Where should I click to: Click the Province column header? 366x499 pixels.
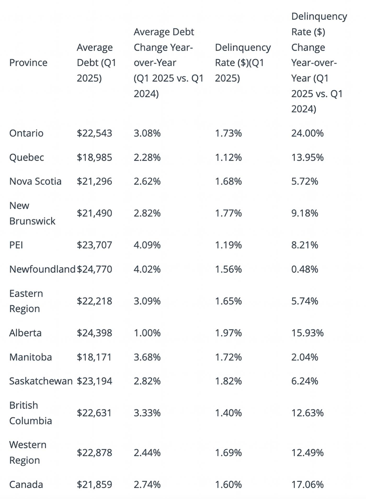tap(28, 63)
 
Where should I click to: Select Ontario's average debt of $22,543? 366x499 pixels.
tap(94, 133)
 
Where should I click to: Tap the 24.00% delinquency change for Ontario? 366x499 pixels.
tap(307, 133)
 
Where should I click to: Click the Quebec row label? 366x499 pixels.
tap(26, 157)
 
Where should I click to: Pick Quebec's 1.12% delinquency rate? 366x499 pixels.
tap(228, 157)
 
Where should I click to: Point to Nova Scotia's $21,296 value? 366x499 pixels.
tap(94, 181)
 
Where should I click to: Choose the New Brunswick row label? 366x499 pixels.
tap(32, 213)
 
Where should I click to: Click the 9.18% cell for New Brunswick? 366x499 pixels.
tap(305, 213)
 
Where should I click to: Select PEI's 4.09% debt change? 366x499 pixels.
tap(147, 245)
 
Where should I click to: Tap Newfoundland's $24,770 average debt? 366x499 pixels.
tap(94, 269)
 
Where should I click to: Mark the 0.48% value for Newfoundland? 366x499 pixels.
tap(305, 269)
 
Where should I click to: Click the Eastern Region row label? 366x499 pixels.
tap(26, 301)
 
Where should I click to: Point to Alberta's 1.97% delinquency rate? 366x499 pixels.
tap(228, 333)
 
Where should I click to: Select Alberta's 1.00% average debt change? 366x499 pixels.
tap(147, 333)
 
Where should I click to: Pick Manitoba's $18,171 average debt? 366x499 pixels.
tap(94, 357)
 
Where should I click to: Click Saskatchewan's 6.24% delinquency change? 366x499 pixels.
tap(305, 381)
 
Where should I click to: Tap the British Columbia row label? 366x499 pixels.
tap(30, 413)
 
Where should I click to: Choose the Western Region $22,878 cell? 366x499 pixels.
tap(94, 453)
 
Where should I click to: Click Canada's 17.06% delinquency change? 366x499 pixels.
tap(307, 485)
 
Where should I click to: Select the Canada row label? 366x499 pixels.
tap(26, 485)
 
